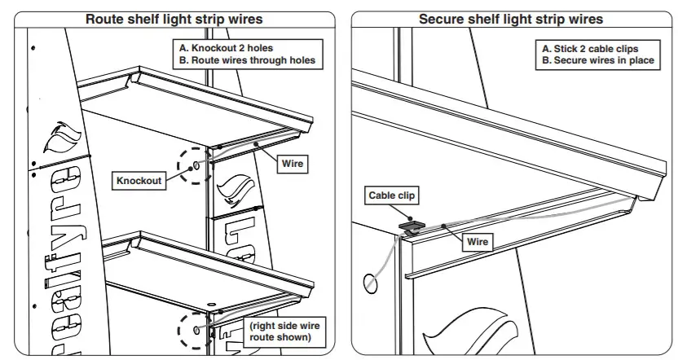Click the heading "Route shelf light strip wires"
pyautogui.click(x=174, y=19)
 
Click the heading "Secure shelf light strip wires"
pyautogui.click(x=511, y=19)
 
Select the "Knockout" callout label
pyautogui.click(x=139, y=181)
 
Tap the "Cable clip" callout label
pyautogui.click(x=392, y=195)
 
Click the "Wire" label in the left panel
pyautogui.click(x=292, y=164)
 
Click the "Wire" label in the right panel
pyautogui.click(x=477, y=242)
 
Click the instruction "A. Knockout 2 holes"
pyautogui.click(x=227, y=48)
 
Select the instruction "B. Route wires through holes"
pyautogui.click(x=246, y=60)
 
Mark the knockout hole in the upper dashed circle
pyautogui.click(x=197, y=165)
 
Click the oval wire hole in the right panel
pyautogui.click(x=370, y=283)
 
